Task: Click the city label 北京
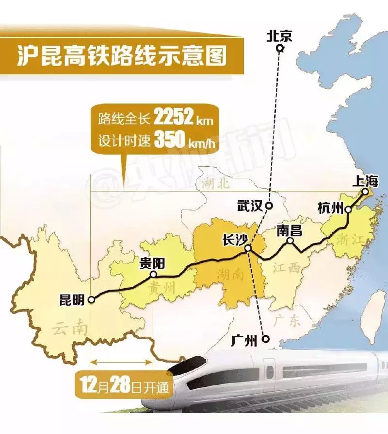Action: (279, 36)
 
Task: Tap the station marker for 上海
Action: (365, 192)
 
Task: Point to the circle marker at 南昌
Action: (290, 241)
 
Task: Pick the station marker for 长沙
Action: (248, 248)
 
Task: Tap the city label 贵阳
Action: (152, 263)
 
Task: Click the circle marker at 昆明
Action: (92, 300)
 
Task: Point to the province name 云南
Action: (70, 329)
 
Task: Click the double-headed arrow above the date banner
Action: (122, 362)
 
